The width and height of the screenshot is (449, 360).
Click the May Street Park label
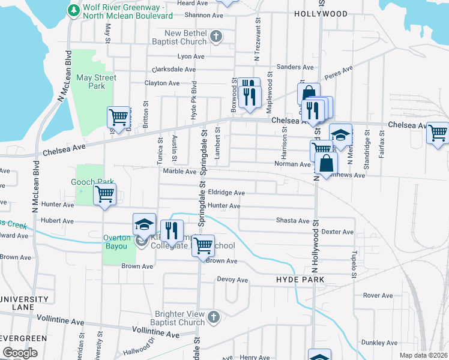coord(96,82)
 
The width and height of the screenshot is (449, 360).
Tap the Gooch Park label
coord(92,181)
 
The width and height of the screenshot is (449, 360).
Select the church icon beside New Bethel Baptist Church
coord(217,37)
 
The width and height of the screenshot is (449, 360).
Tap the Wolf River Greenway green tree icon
coord(73,10)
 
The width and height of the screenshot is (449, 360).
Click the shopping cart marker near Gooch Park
coord(105,194)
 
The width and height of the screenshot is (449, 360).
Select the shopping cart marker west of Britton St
coord(118,116)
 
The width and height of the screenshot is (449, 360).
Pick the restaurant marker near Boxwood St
coord(249,95)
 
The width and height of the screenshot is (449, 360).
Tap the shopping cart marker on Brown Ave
coord(203,245)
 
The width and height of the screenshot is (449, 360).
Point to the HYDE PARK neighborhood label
coord(300,280)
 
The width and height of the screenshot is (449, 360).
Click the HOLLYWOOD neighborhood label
coord(321,14)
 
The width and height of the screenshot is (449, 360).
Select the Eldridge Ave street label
coord(226,193)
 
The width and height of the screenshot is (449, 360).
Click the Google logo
coord(20,353)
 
